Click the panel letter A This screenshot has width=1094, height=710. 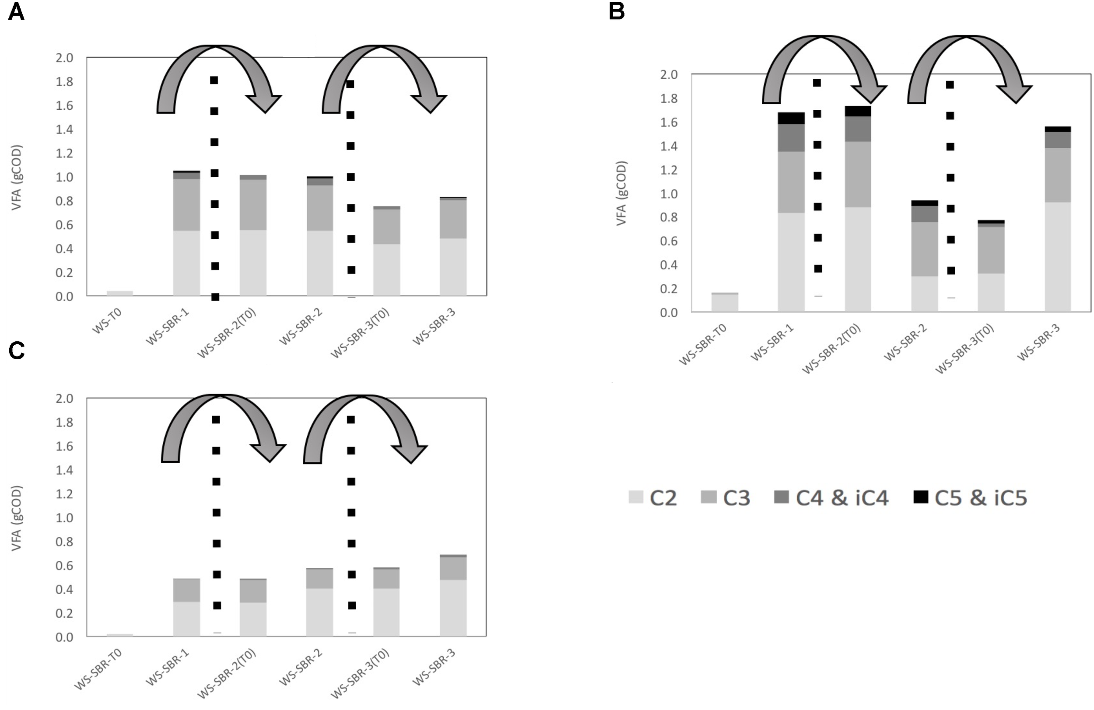pyautogui.click(x=16, y=12)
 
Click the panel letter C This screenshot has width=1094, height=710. pyautogui.click(x=17, y=351)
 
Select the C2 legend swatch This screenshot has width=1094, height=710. pyautogui.click(x=636, y=497)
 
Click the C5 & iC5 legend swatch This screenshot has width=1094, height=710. pyautogui.click(x=921, y=497)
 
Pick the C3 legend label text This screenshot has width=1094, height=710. pyautogui.click(x=736, y=498)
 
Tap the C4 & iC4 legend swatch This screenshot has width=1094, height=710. pyautogui.click(x=782, y=497)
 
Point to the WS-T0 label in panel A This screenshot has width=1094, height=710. pyautogui.click(x=107, y=321)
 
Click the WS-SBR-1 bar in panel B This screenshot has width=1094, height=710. pyautogui.click(x=791, y=216)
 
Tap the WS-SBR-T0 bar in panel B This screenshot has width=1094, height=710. pyautogui.click(x=725, y=302)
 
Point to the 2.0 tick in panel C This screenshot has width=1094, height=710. pyautogui.click(x=64, y=399)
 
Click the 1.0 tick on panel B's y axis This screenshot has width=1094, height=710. pyautogui.click(x=669, y=193)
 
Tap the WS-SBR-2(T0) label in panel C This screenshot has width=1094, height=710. pyautogui.click(x=227, y=674)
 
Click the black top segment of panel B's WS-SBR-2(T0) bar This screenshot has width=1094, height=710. pyautogui.click(x=858, y=111)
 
